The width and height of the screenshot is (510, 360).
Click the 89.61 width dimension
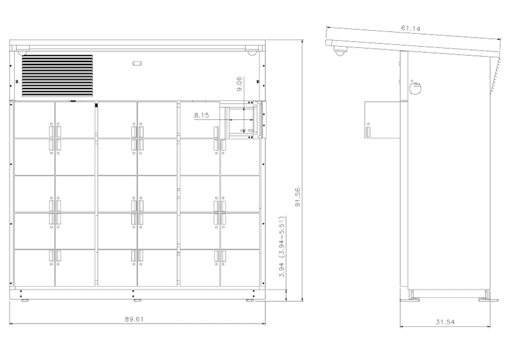point(134,319)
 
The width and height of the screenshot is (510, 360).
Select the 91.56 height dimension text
point(297,197)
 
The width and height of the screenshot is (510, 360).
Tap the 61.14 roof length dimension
point(410,28)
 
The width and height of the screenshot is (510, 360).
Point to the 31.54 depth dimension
point(445,322)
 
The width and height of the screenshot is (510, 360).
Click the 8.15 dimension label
point(201,115)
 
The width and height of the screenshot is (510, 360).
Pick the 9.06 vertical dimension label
point(239,84)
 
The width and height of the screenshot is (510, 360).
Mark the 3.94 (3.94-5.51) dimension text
point(282,247)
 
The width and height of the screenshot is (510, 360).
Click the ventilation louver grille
point(57,76)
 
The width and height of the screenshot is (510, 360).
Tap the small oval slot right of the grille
point(137,63)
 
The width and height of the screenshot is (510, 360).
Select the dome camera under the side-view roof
point(340,50)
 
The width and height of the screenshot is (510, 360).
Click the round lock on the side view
point(415,88)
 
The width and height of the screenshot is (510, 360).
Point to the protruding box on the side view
point(382,120)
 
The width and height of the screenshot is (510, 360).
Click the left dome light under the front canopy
point(22,51)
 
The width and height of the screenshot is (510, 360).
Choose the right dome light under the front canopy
point(251,52)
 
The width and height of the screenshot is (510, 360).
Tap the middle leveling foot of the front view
point(137,300)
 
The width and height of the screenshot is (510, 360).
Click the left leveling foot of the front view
point(25,300)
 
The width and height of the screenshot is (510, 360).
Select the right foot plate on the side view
point(488,300)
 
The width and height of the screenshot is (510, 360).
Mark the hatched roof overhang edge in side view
point(495,74)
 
